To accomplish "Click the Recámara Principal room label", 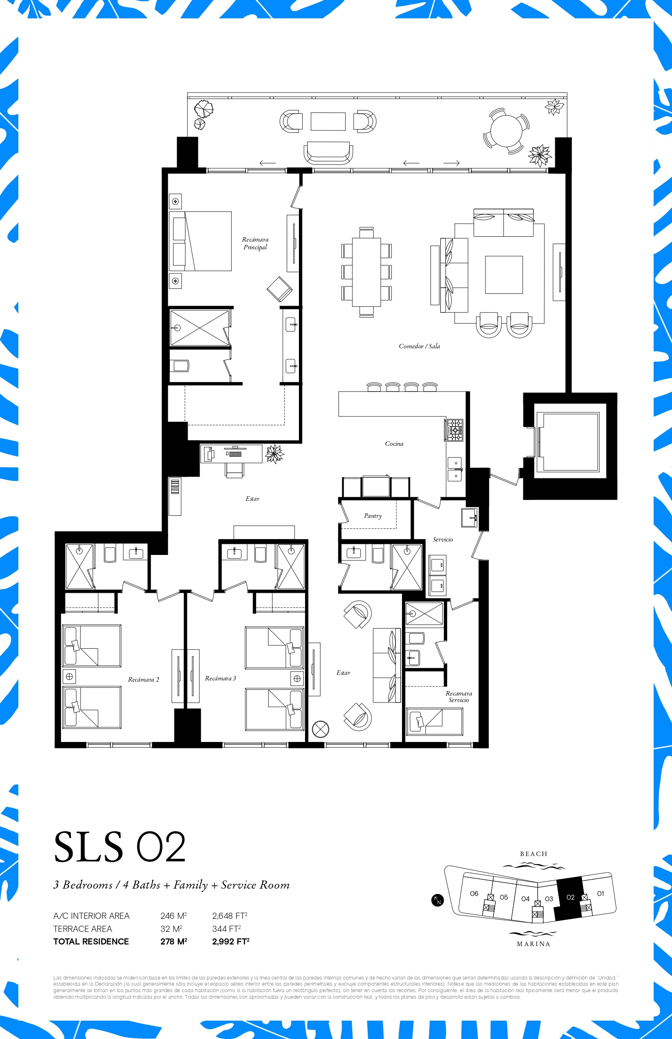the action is [x=255, y=243].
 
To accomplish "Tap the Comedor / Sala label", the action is [x=419, y=346].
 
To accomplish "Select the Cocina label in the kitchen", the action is [x=394, y=444].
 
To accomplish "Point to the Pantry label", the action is [x=373, y=516].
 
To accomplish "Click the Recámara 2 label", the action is [x=143, y=680].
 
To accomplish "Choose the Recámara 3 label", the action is [x=220, y=678].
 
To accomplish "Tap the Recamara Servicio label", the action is [x=459, y=697].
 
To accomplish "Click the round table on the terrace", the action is [x=506, y=130].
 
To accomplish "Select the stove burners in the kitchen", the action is [x=455, y=430].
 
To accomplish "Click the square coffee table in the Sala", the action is [x=504, y=275].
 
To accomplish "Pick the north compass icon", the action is [x=437, y=900].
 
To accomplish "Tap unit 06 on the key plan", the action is [x=474, y=894].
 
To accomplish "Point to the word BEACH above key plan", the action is [x=533, y=854].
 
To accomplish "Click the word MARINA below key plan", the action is [x=533, y=944].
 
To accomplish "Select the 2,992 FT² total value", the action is [x=231, y=941].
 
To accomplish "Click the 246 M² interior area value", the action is [x=173, y=916].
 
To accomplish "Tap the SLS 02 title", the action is [x=120, y=847].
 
